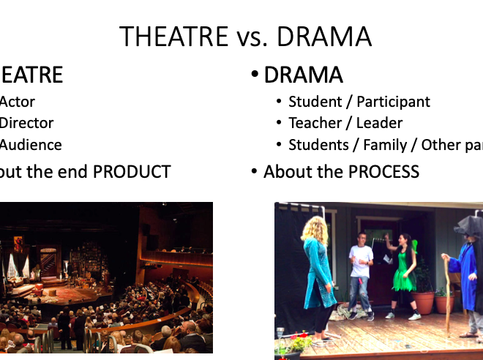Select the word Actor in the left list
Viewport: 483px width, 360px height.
[17, 102]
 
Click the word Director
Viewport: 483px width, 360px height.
[26, 123]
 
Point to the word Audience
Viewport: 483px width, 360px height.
[31, 145]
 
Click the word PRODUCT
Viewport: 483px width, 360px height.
[132, 172]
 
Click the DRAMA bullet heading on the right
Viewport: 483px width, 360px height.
[304, 75]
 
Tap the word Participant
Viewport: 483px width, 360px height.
[394, 102]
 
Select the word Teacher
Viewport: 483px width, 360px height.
[315, 123]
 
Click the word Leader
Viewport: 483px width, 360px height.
[379, 123]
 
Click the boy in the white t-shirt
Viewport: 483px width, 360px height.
[361, 271]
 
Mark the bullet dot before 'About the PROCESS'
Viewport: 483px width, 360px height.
[254, 173]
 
